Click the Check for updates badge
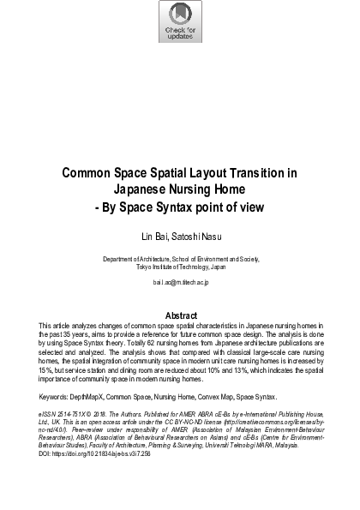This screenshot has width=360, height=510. coord(180,22)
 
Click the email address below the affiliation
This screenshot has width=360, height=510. coord(180,280)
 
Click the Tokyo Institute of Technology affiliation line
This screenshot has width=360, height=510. coord(180,267)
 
